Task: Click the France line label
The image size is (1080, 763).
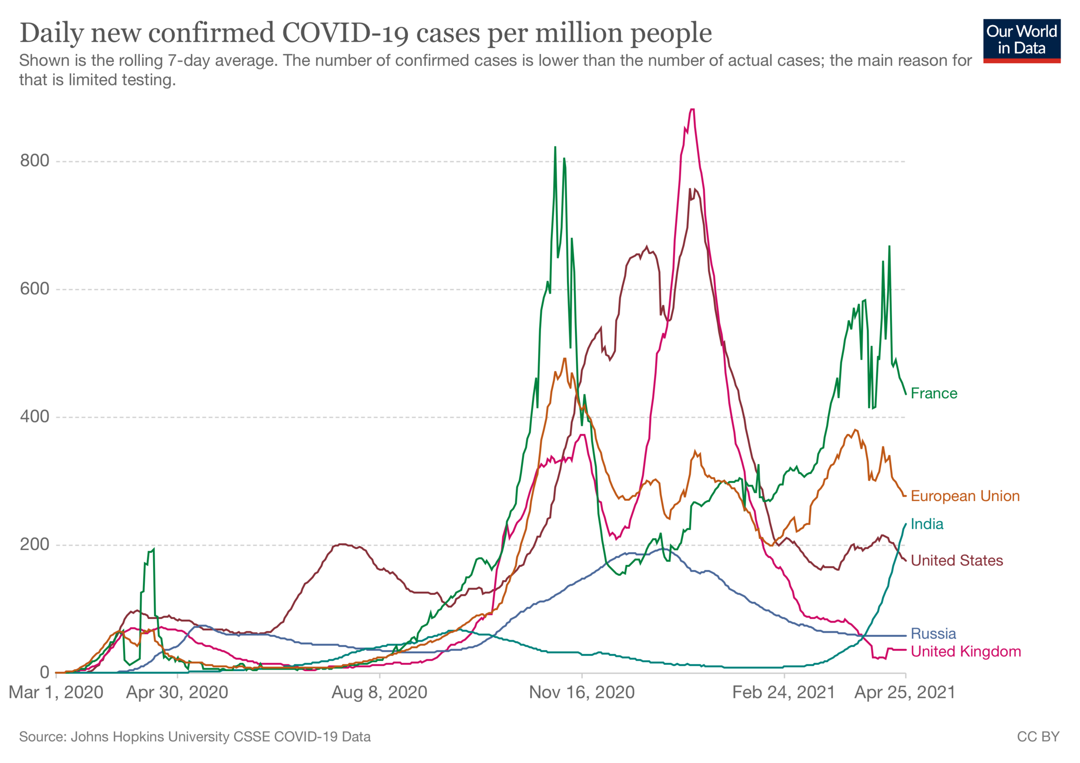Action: pos(933,394)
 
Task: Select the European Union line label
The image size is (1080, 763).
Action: pos(965,496)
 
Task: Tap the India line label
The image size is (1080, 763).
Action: pos(926,524)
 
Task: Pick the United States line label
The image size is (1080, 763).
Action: pos(956,560)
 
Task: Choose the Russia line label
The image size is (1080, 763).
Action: pos(933,633)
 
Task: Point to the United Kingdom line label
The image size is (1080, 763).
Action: pos(965,651)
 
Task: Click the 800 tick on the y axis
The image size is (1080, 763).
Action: pos(34,161)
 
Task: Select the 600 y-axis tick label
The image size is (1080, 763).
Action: pos(34,288)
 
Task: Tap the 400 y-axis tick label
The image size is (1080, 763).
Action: pos(34,417)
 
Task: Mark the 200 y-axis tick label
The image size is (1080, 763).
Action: pos(34,544)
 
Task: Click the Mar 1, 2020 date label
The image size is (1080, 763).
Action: pos(56,692)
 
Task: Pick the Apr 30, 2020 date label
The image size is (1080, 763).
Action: pos(177,692)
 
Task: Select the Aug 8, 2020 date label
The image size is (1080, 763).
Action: pos(379,692)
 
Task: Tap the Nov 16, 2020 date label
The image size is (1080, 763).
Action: pos(582,692)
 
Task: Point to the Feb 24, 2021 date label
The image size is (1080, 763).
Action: pos(783,692)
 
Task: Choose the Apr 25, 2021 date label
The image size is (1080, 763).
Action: pos(905,692)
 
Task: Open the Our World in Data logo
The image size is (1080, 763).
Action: pos(1021,41)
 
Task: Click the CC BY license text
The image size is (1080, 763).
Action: pos(1038,736)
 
